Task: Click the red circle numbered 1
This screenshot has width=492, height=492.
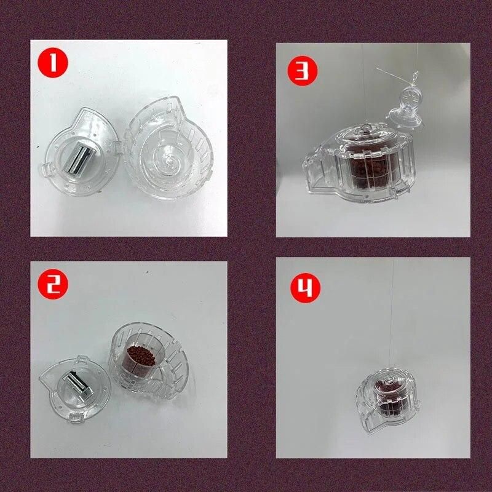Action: pos(53,63)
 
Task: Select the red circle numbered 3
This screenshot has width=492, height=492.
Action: pos(303,71)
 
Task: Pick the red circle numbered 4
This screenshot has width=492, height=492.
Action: pos(305,288)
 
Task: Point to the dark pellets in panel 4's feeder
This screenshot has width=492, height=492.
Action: pos(389,398)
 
